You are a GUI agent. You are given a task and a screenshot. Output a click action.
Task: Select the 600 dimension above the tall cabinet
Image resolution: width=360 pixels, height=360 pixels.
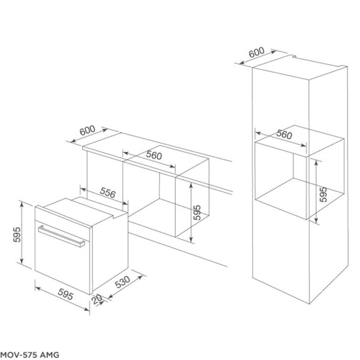pos(256,53)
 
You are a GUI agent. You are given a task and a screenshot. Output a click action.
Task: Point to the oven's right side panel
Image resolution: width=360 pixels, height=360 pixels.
pos(111,246)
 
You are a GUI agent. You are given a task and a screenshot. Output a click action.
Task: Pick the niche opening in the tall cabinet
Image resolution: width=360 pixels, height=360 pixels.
pos(282,180)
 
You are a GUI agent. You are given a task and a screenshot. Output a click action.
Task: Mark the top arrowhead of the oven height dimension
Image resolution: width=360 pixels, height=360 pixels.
pos(22,205)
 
